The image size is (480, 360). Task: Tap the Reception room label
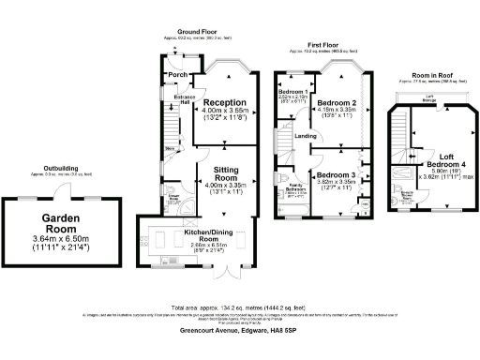(225, 103)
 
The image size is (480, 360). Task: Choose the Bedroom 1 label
(292, 91)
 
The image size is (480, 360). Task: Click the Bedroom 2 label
(337, 103)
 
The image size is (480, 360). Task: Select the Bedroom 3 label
(336, 175)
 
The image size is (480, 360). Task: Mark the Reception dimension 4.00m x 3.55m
(225, 112)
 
